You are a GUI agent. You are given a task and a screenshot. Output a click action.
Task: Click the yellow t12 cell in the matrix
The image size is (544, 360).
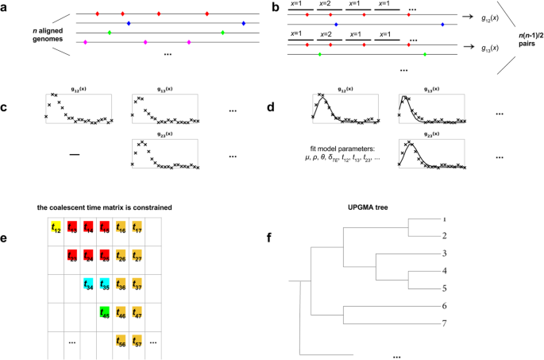pyautogui.click(x=56, y=228)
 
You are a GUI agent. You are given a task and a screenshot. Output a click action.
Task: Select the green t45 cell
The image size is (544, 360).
pyautogui.click(x=103, y=312)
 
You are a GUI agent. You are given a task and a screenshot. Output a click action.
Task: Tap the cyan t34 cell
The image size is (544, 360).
pyautogui.click(x=87, y=285)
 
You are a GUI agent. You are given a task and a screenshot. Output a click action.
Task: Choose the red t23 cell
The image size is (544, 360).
pyautogui.click(x=72, y=256)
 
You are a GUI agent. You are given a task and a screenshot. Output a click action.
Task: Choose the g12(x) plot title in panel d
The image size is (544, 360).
pyautogui.click(x=346, y=90)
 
